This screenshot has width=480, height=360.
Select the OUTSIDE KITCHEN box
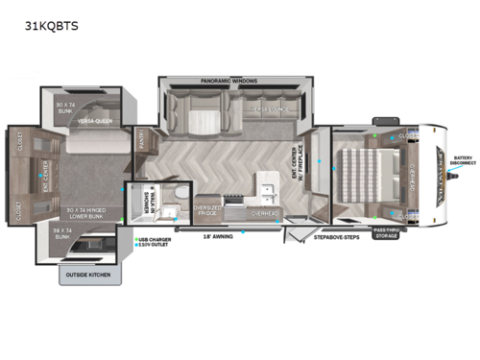click(87, 276)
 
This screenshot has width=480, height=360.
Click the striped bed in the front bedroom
click(366, 173)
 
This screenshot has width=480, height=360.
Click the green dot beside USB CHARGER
click(136, 241)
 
